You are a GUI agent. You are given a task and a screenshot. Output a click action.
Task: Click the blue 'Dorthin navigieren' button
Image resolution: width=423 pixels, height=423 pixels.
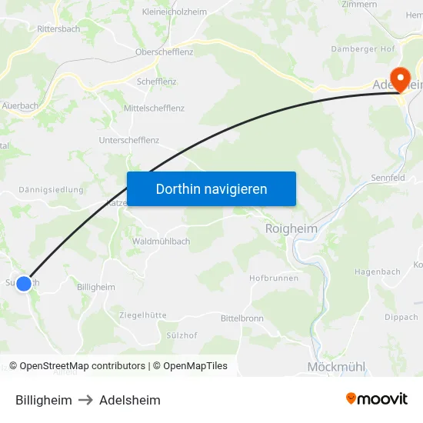pyautogui.click(x=211, y=188)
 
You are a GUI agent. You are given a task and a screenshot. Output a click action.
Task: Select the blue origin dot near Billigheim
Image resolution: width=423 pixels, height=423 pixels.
pyautogui.click(x=24, y=284)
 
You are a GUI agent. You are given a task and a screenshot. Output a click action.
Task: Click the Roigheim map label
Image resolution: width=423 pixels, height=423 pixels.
pyautogui.click(x=291, y=228)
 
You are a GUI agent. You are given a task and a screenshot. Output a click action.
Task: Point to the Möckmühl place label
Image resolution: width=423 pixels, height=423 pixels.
pyautogui.click(x=336, y=367)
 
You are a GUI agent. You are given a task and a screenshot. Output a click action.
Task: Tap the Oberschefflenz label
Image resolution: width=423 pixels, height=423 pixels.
pyautogui.click(x=164, y=52)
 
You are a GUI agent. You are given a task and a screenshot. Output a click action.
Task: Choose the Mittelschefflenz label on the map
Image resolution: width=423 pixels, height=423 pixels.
pyautogui.click(x=154, y=108)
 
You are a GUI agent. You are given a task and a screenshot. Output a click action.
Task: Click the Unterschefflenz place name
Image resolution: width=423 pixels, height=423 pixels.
pyautogui.click(x=129, y=140)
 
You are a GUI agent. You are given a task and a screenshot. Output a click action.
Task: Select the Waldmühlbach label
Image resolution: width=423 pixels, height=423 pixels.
pyautogui.click(x=161, y=241)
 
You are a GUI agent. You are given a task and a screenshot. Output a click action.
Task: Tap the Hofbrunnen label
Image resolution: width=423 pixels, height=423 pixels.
pyautogui.click(x=274, y=278)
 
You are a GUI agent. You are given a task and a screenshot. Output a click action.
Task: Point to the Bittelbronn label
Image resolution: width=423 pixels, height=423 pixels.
pyautogui.click(x=242, y=318)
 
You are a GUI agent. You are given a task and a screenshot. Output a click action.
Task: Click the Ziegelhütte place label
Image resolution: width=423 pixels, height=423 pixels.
pyautogui.click(x=142, y=315)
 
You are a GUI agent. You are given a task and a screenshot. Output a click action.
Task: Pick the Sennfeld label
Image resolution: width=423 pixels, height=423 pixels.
pyautogui.click(x=388, y=178)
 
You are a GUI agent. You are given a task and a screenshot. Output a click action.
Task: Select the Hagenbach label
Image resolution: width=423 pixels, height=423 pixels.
pyautogui.click(x=377, y=271)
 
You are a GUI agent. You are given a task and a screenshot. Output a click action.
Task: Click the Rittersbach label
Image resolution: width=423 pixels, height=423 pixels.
pyautogui.click(x=58, y=28)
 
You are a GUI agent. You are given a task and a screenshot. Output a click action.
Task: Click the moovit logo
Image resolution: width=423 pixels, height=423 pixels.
pyautogui.click(x=377, y=399)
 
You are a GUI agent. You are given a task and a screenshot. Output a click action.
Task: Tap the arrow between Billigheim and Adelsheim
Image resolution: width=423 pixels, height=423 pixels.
pyautogui.click(x=85, y=400)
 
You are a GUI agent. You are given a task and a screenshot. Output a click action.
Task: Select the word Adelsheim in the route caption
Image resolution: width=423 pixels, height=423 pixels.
pyautogui.click(x=130, y=400)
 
